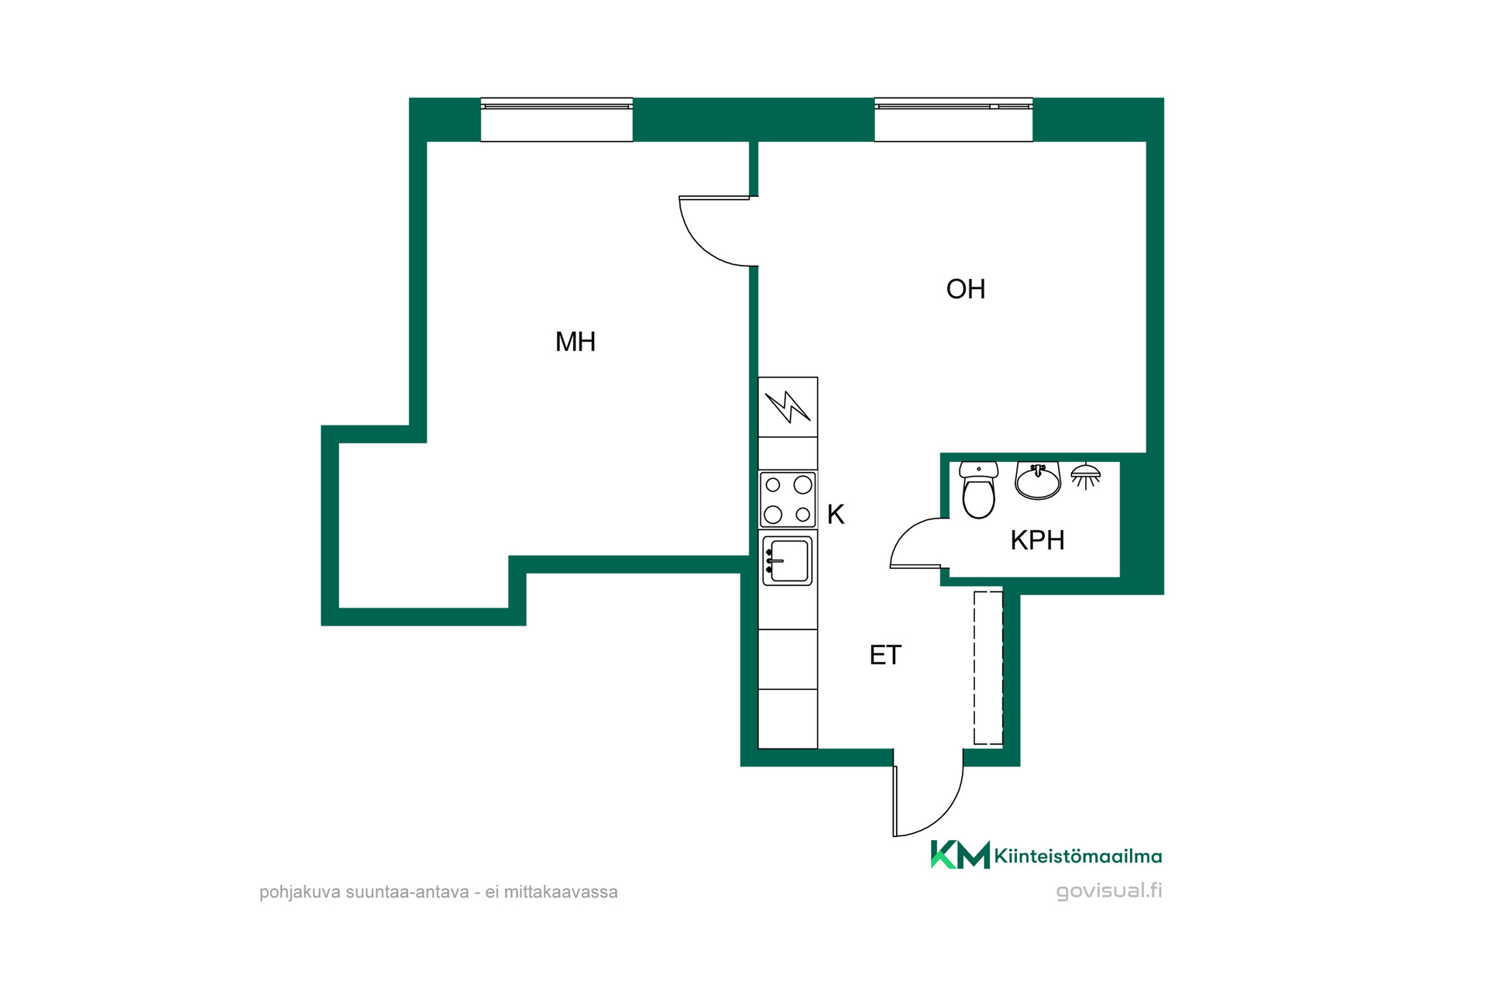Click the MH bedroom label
click(x=575, y=342)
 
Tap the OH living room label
click(x=966, y=289)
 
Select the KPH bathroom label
click(x=1037, y=540)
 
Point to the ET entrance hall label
click(x=885, y=656)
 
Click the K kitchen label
click(x=836, y=514)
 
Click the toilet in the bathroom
click(x=978, y=490)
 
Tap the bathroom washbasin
click(x=1038, y=481)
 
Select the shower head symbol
click(x=1086, y=476)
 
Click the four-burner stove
click(x=788, y=500)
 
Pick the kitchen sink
click(x=788, y=560)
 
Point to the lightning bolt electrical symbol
click(x=788, y=407)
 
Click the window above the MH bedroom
click(x=557, y=120)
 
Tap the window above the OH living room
click(x=953, y=120)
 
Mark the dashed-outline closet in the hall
click(x=988, y=668)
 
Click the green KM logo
click(x=960, y=855)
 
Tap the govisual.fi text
click(x=1109, y=890)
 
